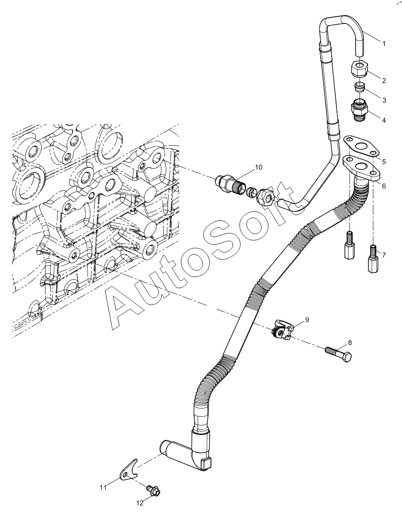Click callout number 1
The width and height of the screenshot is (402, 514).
click(383, 43)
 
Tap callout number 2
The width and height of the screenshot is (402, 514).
click(383, 80)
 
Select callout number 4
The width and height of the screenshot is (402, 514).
click(383, 120)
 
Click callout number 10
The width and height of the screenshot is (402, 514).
click(258, 167)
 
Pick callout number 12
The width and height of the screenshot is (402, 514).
click(140, 503)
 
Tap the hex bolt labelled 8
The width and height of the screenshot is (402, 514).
click(339, 354)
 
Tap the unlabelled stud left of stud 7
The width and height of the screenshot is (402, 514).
click(350, 246)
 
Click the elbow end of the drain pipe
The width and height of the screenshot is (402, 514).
click(186, 452)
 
